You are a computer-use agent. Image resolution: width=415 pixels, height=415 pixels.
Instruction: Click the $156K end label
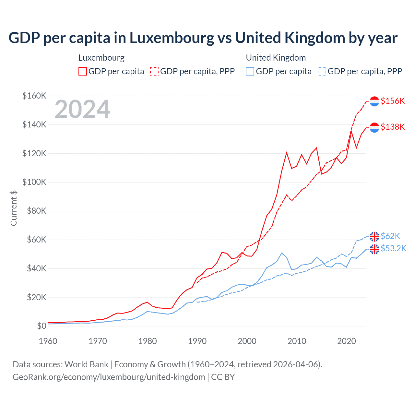tap(393, 101)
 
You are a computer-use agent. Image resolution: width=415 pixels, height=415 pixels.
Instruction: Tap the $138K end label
tap(393, 127)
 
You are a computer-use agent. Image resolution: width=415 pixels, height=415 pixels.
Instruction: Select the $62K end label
tap(390, 236)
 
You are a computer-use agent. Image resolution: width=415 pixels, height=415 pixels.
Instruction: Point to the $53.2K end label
tap(393, 248)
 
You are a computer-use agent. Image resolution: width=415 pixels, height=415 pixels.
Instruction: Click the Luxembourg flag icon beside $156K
tap(374, 101)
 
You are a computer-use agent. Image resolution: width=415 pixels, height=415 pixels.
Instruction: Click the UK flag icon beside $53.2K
tap(374, 249)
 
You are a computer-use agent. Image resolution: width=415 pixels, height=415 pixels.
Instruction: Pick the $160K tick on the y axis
tap(34, 96)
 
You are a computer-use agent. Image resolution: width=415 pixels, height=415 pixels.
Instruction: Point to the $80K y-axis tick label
tap(34, 211)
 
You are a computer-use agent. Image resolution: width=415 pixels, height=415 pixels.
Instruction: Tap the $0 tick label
tap(41, 326)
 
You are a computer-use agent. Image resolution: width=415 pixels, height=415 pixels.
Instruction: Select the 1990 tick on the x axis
tap(197, 341)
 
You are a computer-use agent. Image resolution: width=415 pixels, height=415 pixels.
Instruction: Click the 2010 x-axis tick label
tap(297, 341)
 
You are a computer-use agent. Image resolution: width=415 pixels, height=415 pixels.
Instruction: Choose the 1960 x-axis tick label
tap(48, 341)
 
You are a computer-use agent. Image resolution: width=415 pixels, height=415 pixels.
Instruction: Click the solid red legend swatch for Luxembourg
tap(83, 71)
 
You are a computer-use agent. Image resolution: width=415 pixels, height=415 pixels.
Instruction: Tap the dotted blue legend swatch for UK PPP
tap(322, 71)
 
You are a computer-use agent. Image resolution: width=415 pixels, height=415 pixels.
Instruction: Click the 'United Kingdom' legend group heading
tap(276, 58)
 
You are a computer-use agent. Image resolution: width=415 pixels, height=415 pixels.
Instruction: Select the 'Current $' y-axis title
tap(14, 208)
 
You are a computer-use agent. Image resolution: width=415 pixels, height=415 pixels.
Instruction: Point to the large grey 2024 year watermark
tap(82, 109)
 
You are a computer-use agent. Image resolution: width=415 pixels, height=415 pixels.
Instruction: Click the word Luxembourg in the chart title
tap(172, 38)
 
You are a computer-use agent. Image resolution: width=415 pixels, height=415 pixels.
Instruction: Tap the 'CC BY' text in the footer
tap(223, 377)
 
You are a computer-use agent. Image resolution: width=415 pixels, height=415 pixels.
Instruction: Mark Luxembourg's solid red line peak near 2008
tap(287, 152)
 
